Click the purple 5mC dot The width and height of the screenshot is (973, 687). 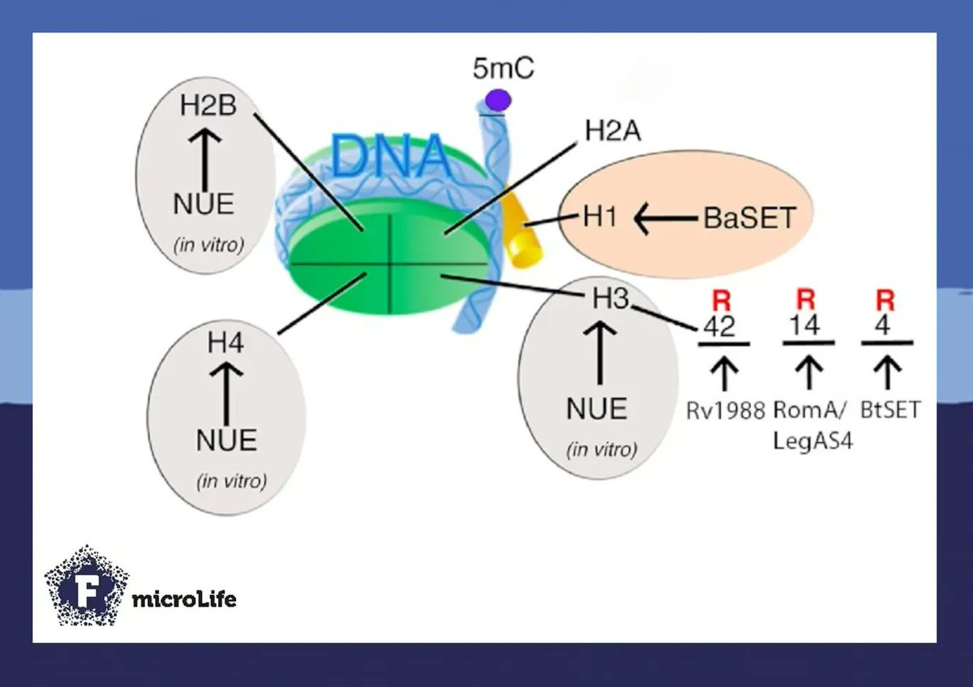(498, 101)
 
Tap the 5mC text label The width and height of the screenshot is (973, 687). (503, 69)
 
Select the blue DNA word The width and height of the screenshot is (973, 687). (391, 157)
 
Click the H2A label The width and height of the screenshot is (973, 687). (612, 131)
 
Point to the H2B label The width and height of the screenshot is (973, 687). (208, 105)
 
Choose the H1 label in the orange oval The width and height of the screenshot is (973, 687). (601, 217)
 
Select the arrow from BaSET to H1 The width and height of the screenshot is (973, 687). (665, 217)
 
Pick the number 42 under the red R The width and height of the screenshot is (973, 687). (721, 326)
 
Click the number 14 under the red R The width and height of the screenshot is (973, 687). (805, 325)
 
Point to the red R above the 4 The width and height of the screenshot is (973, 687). (885, 299)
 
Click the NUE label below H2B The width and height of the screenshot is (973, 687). (204, 204)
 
